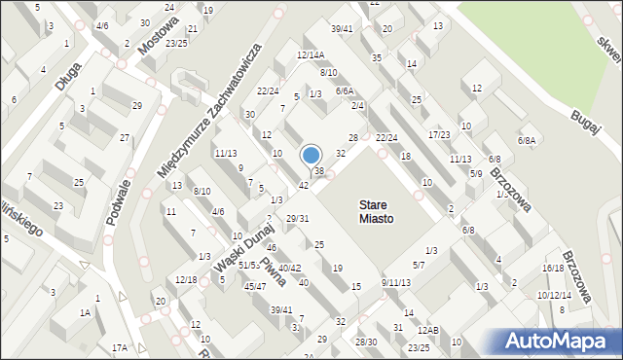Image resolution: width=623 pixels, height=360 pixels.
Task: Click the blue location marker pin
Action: pyautogui.click(x=311, y=157)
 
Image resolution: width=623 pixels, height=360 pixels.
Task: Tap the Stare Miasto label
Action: pyautogui.click(x=376, y=212)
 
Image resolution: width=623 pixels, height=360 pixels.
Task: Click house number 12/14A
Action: pyautogui.click(x=311, y=55)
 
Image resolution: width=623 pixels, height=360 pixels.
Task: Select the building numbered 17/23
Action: pyautogui.click(x=439, y=134)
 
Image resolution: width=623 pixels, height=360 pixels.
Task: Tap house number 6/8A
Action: pyautogui.click(x=527, y=141)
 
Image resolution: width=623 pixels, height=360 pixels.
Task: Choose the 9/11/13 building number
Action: pyautogui.click(x=396, y=282)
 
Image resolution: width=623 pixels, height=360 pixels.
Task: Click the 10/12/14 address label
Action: pyautogui.click(x=554, y=295)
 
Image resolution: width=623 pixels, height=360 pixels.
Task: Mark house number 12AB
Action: pyautogui.click(x=428, y=331)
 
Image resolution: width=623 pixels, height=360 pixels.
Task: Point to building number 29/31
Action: pyautogui.click(x=297, y=218)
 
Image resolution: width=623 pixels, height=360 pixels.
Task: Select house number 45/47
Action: pyautogui.click(x=255, y=286)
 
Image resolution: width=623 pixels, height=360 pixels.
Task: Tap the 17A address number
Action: pyautogui.click(x=119, y=347)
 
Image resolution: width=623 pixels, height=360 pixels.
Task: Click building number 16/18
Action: pyautogui.click(x=553, y=268)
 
